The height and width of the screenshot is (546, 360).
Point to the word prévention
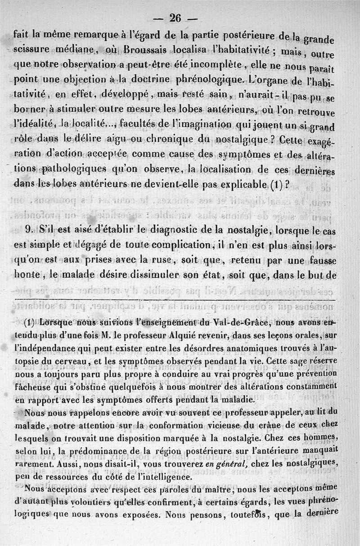(x=315, y=375)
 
